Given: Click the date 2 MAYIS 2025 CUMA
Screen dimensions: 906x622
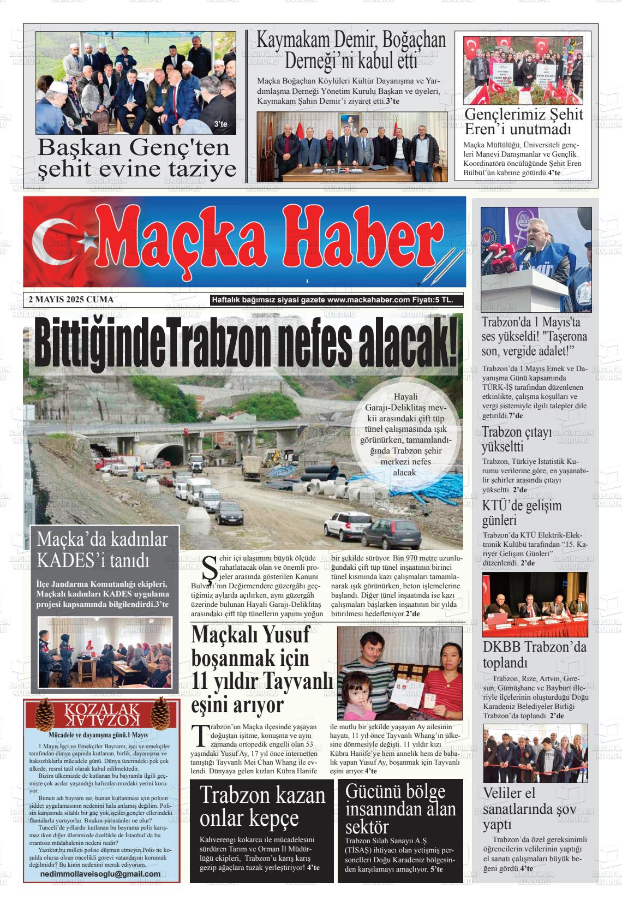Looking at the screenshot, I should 71,300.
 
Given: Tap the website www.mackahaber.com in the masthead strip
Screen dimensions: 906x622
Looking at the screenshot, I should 369,300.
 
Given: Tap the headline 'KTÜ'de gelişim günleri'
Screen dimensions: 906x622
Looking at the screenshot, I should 522,512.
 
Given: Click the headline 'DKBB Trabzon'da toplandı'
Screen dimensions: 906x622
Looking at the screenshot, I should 535,655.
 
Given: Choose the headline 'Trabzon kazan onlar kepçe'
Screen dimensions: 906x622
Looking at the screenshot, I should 262,806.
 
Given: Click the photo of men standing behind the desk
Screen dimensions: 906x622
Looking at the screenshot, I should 352,147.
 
